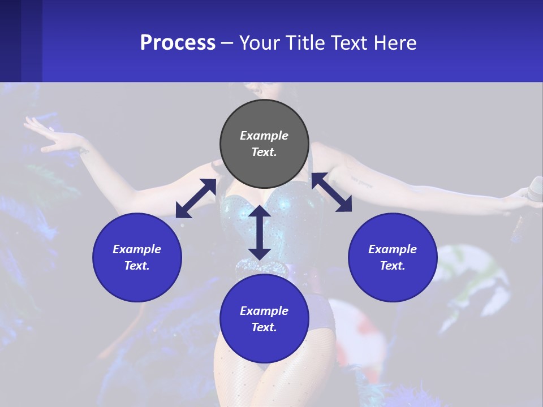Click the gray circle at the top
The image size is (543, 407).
coord(264,144)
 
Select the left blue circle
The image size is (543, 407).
coord(137,257)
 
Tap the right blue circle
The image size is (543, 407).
coord(393,257)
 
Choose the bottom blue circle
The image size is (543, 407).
coord(264,318)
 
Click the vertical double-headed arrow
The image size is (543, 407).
coord(260,232)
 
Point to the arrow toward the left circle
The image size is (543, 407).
coord(196,198)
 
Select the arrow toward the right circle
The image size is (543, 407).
coord(331,192)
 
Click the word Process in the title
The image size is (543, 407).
coord(178,42)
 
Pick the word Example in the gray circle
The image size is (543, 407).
coord(264,136)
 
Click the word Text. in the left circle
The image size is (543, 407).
coord(137,266)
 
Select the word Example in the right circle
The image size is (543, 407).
coord(393,249)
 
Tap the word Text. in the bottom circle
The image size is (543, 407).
coord(264,327)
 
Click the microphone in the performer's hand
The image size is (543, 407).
coord(534,188)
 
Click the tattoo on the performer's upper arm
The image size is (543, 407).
coord(362,181)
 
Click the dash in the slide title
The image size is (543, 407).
coord(227,43)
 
